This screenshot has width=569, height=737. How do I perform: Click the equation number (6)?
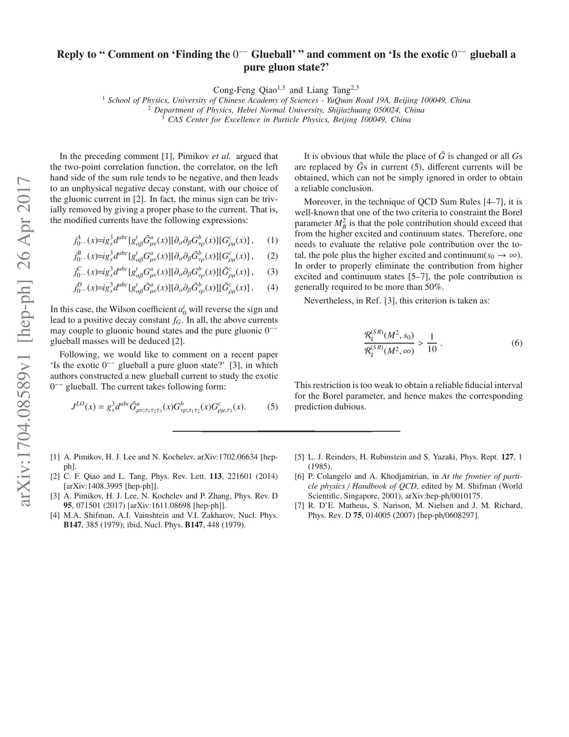coord(516,343)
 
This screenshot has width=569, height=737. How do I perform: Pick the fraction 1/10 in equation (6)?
coord(432,342)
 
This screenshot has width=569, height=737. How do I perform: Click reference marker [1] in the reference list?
coord(55,457)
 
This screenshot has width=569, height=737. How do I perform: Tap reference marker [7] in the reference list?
coord(300,506)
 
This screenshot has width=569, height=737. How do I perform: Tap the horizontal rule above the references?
coord(286,431)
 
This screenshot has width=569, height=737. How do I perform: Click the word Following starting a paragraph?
coord(80,354)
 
